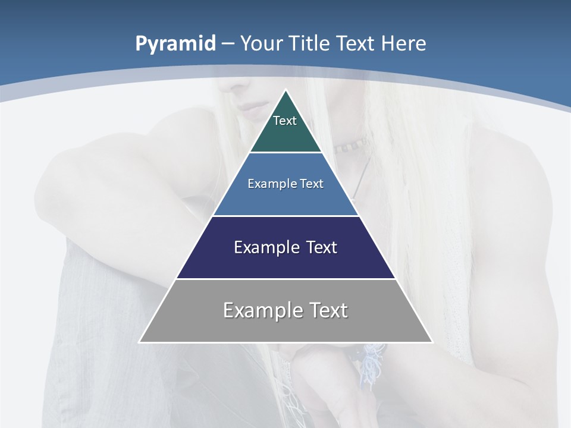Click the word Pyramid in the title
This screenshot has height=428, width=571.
175,44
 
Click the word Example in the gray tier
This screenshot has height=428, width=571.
260,310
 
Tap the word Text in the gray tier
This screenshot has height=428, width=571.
326,310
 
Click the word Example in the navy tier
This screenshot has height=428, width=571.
265,247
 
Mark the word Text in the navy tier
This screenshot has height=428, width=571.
321,247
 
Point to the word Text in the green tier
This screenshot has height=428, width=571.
285,121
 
